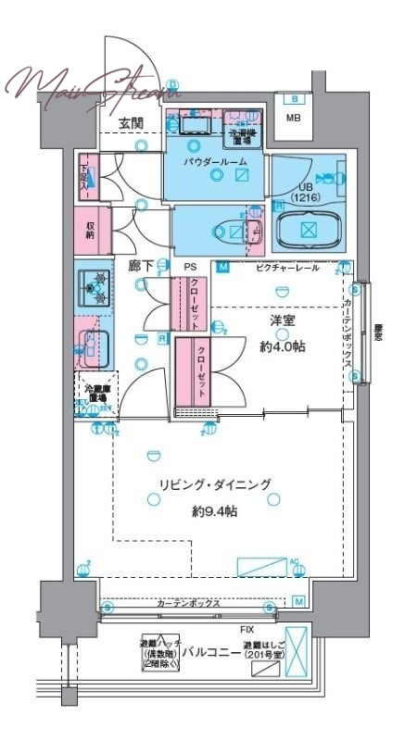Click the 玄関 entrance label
click(x=130, y=122)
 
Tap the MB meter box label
click(x=293, y=118)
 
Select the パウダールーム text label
click(x=214, y=162)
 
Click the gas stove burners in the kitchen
click(x=93, y=288)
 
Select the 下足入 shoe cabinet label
click(x=84, y=172)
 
